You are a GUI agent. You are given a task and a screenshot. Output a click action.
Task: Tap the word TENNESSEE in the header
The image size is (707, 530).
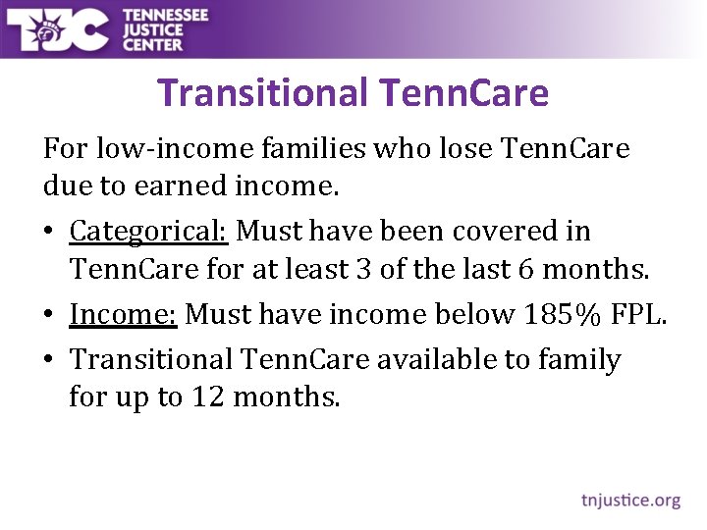coord(166,15)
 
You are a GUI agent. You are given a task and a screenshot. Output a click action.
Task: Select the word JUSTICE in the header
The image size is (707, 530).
coord(152,29)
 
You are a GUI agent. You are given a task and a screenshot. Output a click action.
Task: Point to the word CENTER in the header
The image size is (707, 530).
coord(152,44)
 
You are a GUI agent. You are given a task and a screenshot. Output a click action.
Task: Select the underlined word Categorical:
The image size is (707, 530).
coord(148,232)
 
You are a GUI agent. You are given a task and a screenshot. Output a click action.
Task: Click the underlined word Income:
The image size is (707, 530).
coord(123,314)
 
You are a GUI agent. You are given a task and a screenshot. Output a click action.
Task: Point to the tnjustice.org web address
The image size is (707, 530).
coord(630,500)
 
